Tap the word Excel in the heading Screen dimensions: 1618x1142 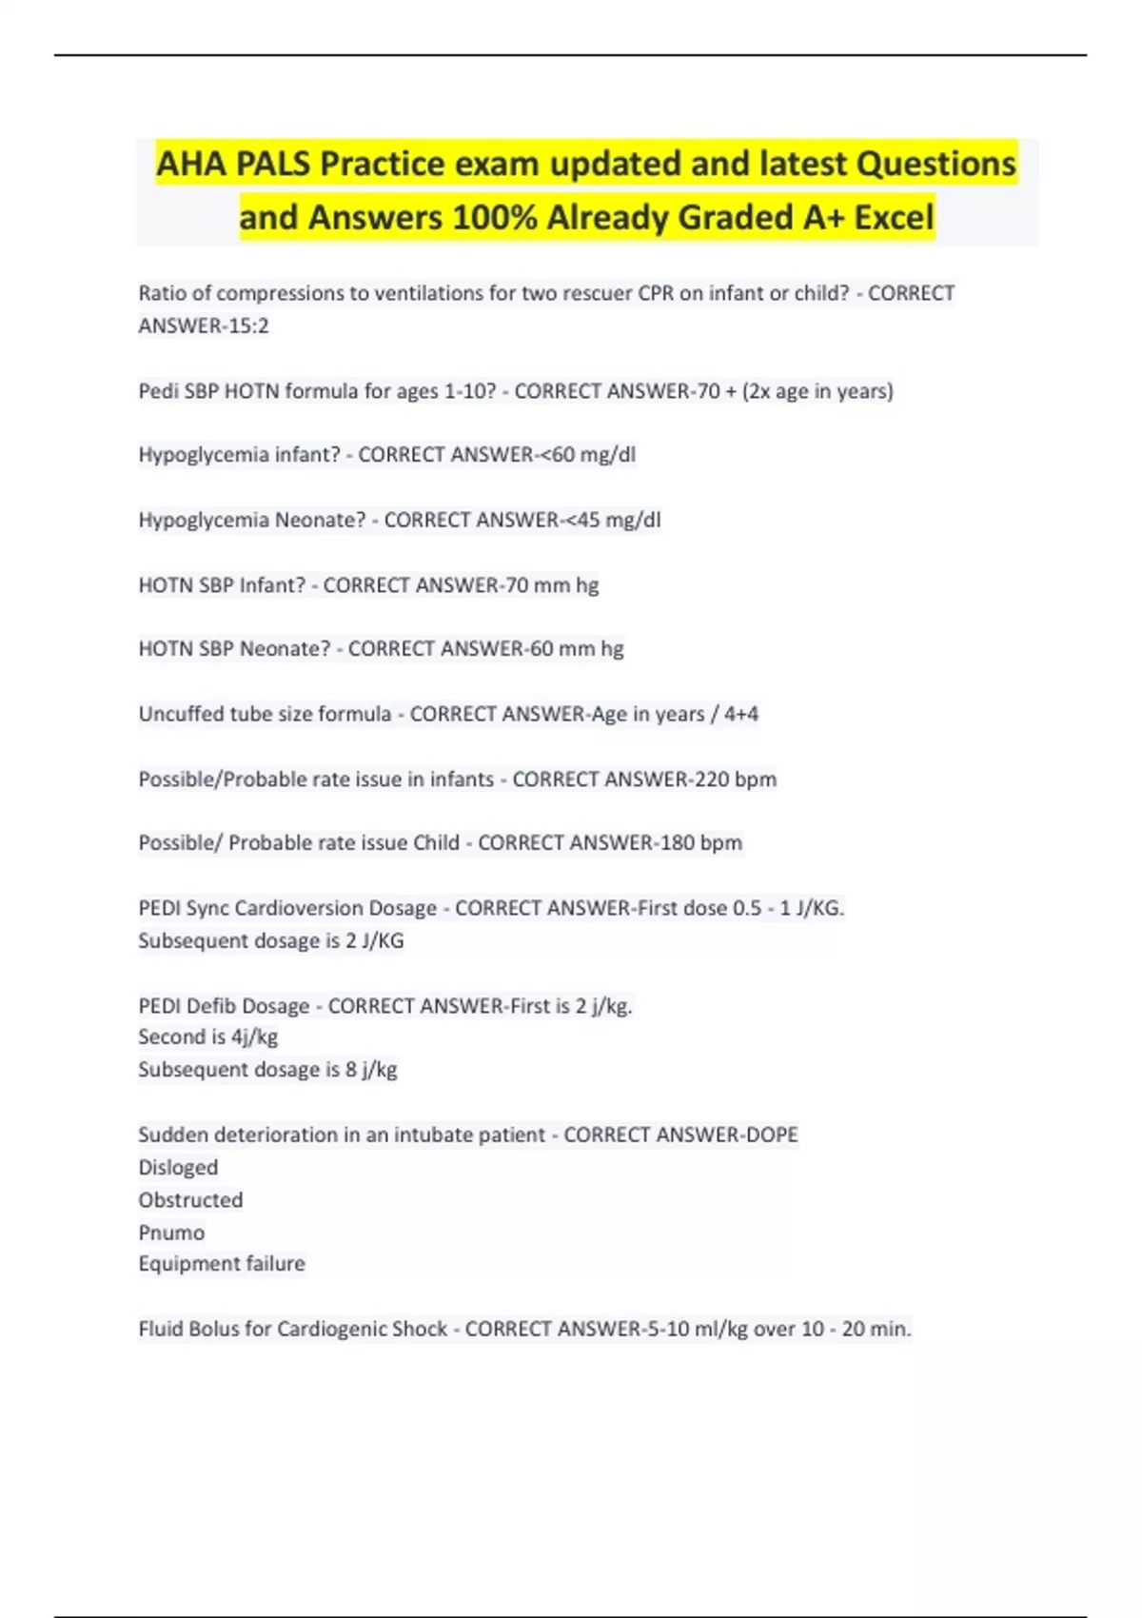coord(894,217)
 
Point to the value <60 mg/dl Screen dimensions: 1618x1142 coord(594,455)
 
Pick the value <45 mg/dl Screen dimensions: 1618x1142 coord(620,520)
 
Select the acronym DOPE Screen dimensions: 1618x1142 coord(773,1135)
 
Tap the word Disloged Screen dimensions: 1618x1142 coord(178,1167)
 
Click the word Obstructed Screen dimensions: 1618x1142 coord(190,1199)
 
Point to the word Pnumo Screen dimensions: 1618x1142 coord(171,1233)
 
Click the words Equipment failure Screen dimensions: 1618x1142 coord(222,1264)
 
